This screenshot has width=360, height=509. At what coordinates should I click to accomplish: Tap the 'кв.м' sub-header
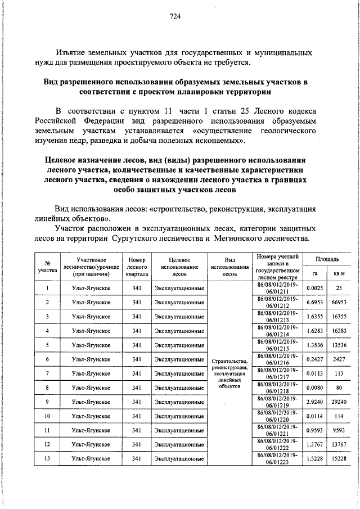coord(339,273)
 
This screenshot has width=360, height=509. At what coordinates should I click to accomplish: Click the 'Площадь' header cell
coord(327,259)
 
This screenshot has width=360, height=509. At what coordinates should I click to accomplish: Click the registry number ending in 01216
coord(275,359)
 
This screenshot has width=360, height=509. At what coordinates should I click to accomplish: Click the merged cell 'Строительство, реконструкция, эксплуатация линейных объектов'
coord(229,374)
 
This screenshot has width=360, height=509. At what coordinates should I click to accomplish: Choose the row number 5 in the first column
coord(48,345)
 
